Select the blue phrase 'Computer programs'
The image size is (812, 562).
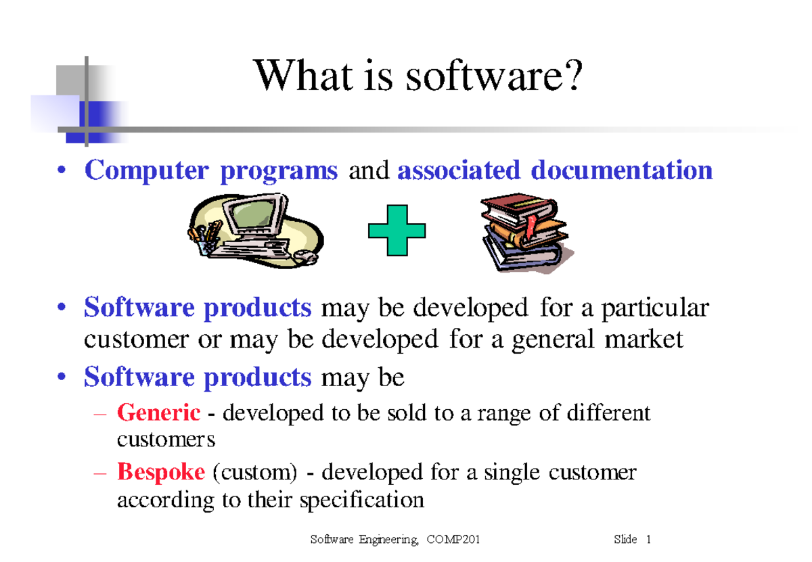click(x=210, y=170)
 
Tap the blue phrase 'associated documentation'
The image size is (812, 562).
click(x=555, y=170)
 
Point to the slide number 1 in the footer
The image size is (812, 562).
click(x=648, y=540)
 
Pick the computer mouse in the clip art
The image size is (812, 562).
click(x=306, y=256)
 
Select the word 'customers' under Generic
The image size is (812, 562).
click(x=166, y=440)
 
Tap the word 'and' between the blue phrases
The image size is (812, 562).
click(x=368, y=171)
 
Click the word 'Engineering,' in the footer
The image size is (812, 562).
click(x=388, y=540)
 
